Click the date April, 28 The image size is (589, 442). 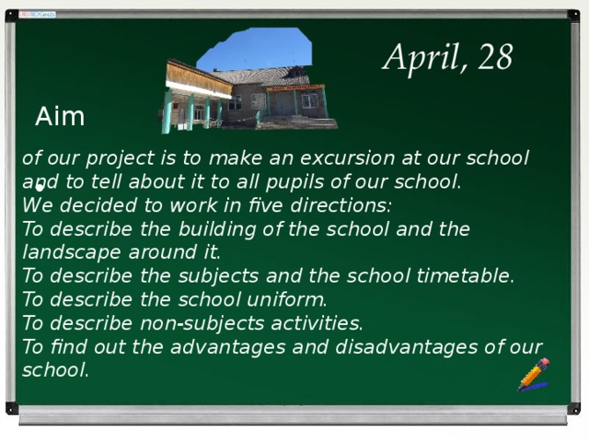pos(447,58)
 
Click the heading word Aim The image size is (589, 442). pos(60,117)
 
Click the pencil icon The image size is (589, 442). pos(533,375)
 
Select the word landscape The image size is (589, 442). pos(69,251)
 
